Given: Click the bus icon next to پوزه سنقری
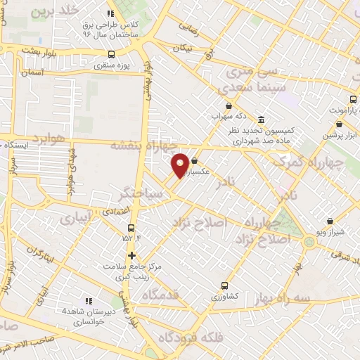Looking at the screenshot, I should click(x=111, y=54).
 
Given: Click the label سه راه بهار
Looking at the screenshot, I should click(x=302, y=298).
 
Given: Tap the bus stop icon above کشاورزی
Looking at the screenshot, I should click(x=224, y=285).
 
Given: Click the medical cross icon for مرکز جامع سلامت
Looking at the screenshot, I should click(x=131, y=255).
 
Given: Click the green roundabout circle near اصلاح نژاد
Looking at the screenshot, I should click(x=309, y=243).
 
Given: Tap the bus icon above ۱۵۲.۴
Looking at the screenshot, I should click(x=131, y=228).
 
